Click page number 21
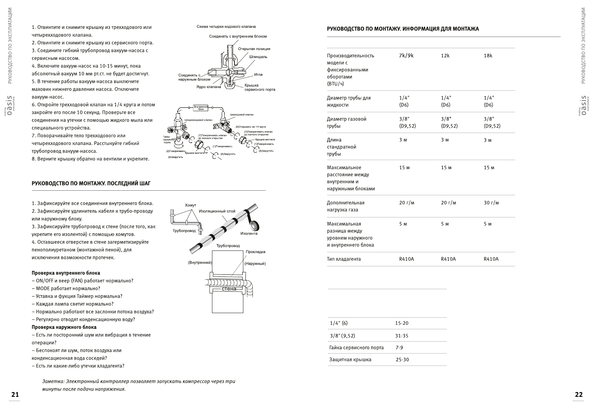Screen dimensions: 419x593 [15, 394]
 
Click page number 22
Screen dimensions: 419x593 [579, 394]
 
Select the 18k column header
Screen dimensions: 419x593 [488, 56]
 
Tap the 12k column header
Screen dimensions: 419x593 [445, 56]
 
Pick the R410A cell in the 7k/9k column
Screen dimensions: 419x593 [406, 259]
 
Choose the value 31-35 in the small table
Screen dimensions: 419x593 [401, 336]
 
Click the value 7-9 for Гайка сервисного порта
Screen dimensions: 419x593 [399, 348]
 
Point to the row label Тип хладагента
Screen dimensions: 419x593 [344, 259]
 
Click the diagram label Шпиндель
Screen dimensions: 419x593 [258, 57]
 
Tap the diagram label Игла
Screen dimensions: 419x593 [258, 75]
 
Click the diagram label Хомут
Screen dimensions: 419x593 [191, 205]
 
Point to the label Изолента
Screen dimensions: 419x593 [249, 233]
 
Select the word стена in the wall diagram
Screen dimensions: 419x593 [229, 289]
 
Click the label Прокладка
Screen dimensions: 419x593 [255, 252]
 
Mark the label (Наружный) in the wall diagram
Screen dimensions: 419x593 [255, 264]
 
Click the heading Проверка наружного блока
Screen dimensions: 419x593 [64, 327]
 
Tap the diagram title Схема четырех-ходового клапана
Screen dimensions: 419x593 [226, 27]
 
